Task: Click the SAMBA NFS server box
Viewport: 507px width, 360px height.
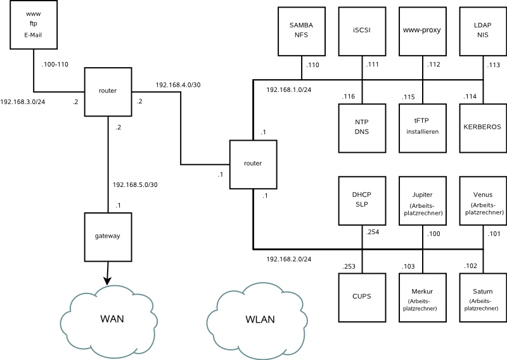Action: pos(302,30)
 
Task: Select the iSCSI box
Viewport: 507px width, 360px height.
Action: pos(362,30)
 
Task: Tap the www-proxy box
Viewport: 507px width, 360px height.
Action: pos(422,30)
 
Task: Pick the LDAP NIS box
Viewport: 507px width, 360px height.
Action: pos(483,30)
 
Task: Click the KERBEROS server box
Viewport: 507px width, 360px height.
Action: pos(483,127)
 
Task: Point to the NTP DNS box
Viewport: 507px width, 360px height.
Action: pos(362,127)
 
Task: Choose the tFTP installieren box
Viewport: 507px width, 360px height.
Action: pos(422,127)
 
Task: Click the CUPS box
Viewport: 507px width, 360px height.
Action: pos(362,297)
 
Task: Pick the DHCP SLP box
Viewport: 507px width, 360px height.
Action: pos(362,200)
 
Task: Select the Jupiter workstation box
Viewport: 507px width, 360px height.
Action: pos(422,200)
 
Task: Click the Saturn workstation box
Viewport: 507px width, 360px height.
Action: pos(483,297)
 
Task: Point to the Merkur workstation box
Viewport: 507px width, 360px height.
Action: pos(422,297)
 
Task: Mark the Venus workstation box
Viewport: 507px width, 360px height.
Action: pos(483,200)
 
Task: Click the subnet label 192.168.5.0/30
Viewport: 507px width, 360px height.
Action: pos(134,184)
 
